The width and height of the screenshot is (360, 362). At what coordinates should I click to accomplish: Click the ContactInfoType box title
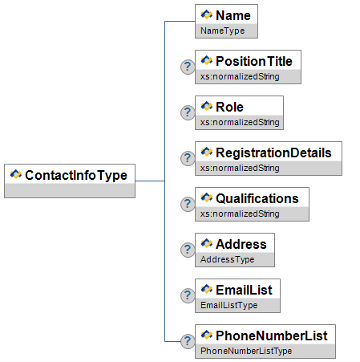[x=76, y=176]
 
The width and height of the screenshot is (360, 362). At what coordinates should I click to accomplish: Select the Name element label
[x=233, y=15]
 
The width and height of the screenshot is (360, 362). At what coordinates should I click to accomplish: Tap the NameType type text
[x=222, y=31]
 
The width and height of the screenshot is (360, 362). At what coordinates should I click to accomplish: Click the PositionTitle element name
[x=254, y=61]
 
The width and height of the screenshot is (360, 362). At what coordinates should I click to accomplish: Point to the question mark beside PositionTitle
[x=188, y=67]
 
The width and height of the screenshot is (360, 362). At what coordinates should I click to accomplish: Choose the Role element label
[x=229, y=107]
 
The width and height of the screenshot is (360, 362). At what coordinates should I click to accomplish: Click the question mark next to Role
[x=188, y=112]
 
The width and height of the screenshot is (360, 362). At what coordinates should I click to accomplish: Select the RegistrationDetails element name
[x=273, y=153]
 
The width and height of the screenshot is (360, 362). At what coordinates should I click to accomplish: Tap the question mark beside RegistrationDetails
[x=188, y=158]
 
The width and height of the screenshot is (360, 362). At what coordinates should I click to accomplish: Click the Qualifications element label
[x=257, y=199]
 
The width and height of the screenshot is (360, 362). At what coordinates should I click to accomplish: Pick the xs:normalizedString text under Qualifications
[x=240, y=214]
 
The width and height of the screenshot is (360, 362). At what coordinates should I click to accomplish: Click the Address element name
[x=241, y=244]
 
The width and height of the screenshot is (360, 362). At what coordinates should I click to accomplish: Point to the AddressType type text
[x=227, y=259]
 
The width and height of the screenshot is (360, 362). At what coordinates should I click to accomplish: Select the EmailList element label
[x=244, y=290]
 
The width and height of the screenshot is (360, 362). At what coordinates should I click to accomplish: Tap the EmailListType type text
[x=229, y=305]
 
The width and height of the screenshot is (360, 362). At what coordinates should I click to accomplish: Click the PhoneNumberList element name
[x=272, y=336]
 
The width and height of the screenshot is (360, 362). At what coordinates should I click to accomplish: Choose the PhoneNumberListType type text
[x=246, y=351]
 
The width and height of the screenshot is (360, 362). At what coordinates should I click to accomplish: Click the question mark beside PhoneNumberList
[x=188, y=341]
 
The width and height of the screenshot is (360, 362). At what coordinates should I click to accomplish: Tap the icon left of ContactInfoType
[x=16, y=174]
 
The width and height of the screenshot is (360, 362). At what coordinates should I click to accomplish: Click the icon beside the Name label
[x=207, y=14]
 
